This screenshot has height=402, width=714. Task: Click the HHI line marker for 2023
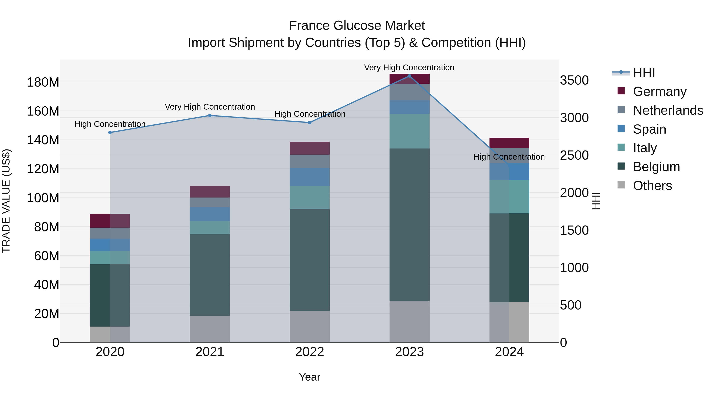409,76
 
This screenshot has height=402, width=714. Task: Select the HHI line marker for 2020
110,133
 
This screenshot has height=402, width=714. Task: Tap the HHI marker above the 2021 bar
210,115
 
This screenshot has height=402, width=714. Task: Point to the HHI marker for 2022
310,123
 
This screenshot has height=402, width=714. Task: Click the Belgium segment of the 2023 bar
409,225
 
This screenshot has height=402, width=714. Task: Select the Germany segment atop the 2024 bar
509,143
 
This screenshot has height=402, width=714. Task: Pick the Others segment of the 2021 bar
210,329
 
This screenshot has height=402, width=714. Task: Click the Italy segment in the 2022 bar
310,198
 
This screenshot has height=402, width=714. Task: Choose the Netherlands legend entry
668,110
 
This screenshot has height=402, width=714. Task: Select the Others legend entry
652,186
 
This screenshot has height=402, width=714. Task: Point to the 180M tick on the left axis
43,82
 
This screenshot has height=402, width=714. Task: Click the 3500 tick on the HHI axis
574,80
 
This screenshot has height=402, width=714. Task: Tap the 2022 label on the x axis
310,352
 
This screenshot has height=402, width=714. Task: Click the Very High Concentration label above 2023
409,67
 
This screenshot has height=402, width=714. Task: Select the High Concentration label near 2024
509,157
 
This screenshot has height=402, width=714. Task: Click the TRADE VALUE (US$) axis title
6,201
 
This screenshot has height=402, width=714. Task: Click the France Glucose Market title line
357,26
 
